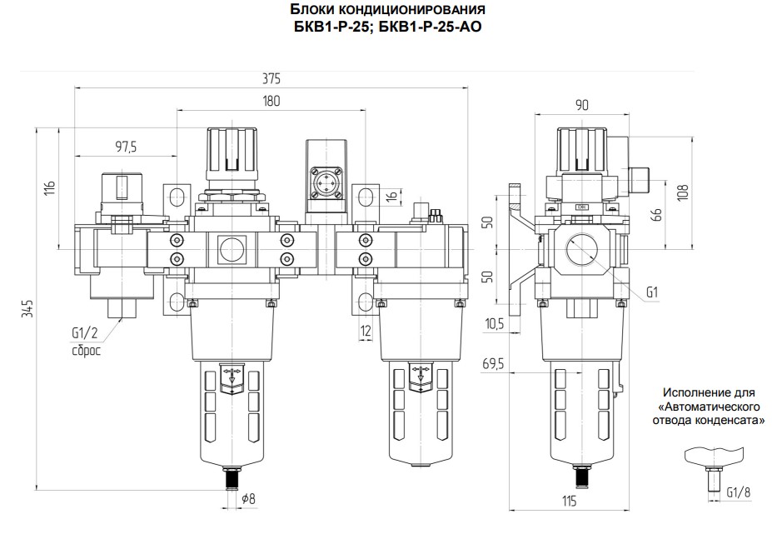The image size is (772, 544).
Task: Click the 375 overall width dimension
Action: tap(271, 79)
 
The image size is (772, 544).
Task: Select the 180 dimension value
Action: tap(271, 101)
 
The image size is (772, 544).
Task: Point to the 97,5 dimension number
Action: tap(126, 147)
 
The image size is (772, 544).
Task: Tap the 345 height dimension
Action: tap(27, 308)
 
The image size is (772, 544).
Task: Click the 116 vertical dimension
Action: tap(50, 188)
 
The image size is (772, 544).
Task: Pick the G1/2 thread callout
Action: tap(85, 333)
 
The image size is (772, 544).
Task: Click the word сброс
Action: tap(86, 351)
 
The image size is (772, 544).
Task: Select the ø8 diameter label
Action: tap(249, 499)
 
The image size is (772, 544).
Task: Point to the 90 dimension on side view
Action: tap(582, 105)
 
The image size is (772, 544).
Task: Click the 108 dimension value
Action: tap(682, 192)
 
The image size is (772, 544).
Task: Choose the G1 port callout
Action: tap(652, 292)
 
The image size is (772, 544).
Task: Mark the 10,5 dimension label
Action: tap(495, 323)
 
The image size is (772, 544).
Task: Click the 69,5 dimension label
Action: tap(493, 364)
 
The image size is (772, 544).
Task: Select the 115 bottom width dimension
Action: tap(569, 502)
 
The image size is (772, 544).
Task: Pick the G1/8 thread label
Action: tap(739, 492)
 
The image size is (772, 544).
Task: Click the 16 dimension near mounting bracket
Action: tap(391, 196)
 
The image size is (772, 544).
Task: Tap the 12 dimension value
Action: tap(366, 331)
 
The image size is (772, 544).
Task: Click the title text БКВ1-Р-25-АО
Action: tap(431, 27)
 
